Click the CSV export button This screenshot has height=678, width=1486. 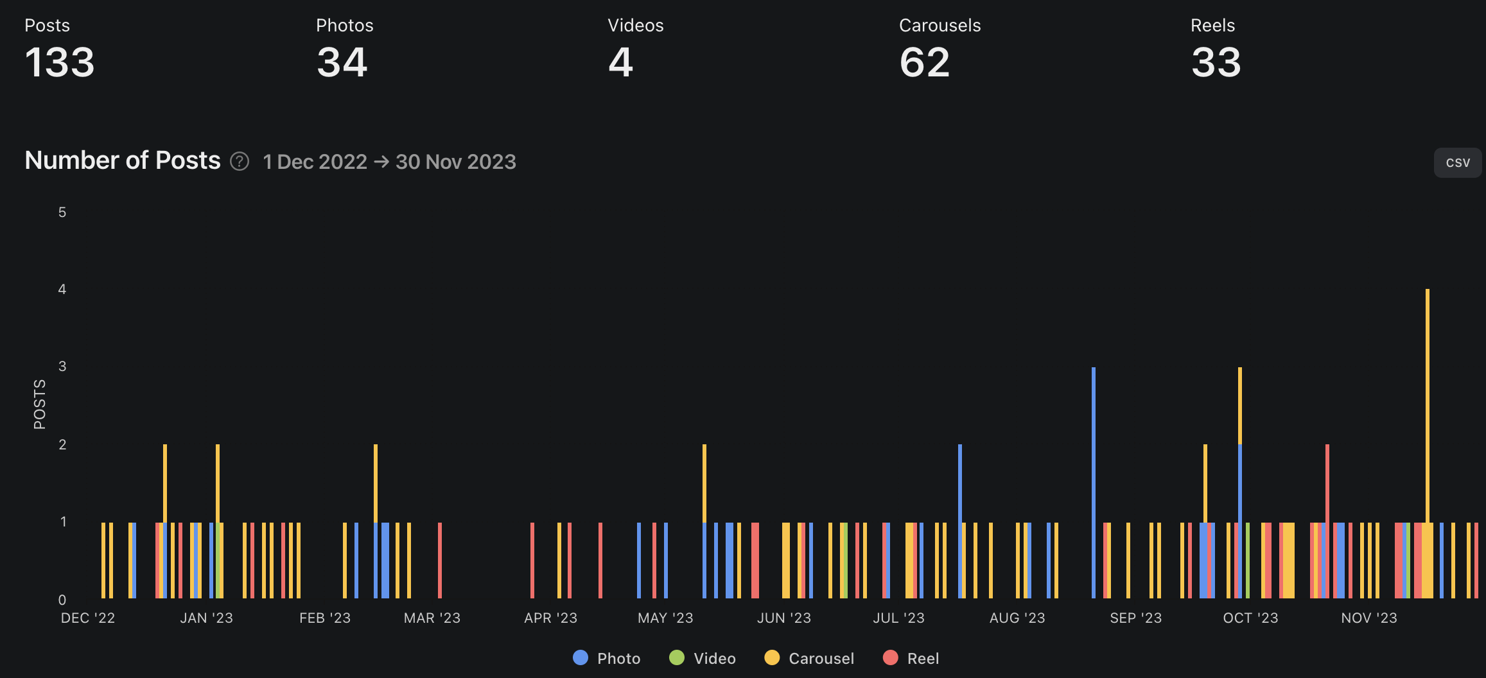1457,162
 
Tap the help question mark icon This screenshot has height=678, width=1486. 240,161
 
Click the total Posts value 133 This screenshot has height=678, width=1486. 60,63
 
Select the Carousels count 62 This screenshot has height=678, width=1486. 924,63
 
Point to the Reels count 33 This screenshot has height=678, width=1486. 1216,63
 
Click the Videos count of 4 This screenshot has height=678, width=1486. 620,63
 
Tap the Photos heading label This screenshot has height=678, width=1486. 344,26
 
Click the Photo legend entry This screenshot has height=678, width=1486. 607,658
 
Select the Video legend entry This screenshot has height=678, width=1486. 703,658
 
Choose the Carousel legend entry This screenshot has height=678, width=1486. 809,658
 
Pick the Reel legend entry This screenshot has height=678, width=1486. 911,658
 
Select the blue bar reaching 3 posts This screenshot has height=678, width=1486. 1094,482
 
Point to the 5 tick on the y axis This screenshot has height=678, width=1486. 62,213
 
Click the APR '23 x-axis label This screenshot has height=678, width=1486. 550,618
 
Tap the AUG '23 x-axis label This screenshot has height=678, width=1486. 1017,618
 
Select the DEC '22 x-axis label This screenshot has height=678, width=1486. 88,618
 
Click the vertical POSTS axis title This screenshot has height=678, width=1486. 40,404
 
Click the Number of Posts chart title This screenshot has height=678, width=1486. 123,161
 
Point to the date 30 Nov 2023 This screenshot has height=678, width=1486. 455,162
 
